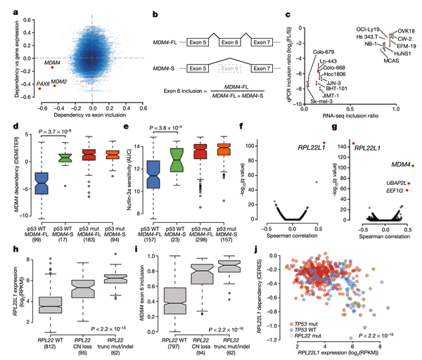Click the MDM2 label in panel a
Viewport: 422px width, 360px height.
pyautogui.click(x=59, y=82)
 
